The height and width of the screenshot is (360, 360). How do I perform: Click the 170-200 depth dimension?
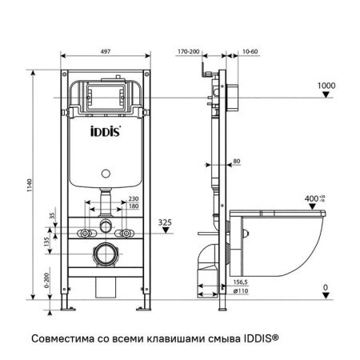pyautogui.click(x=189, y=50)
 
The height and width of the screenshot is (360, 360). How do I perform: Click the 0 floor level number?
pyautogui.click(x=325, y=286)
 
